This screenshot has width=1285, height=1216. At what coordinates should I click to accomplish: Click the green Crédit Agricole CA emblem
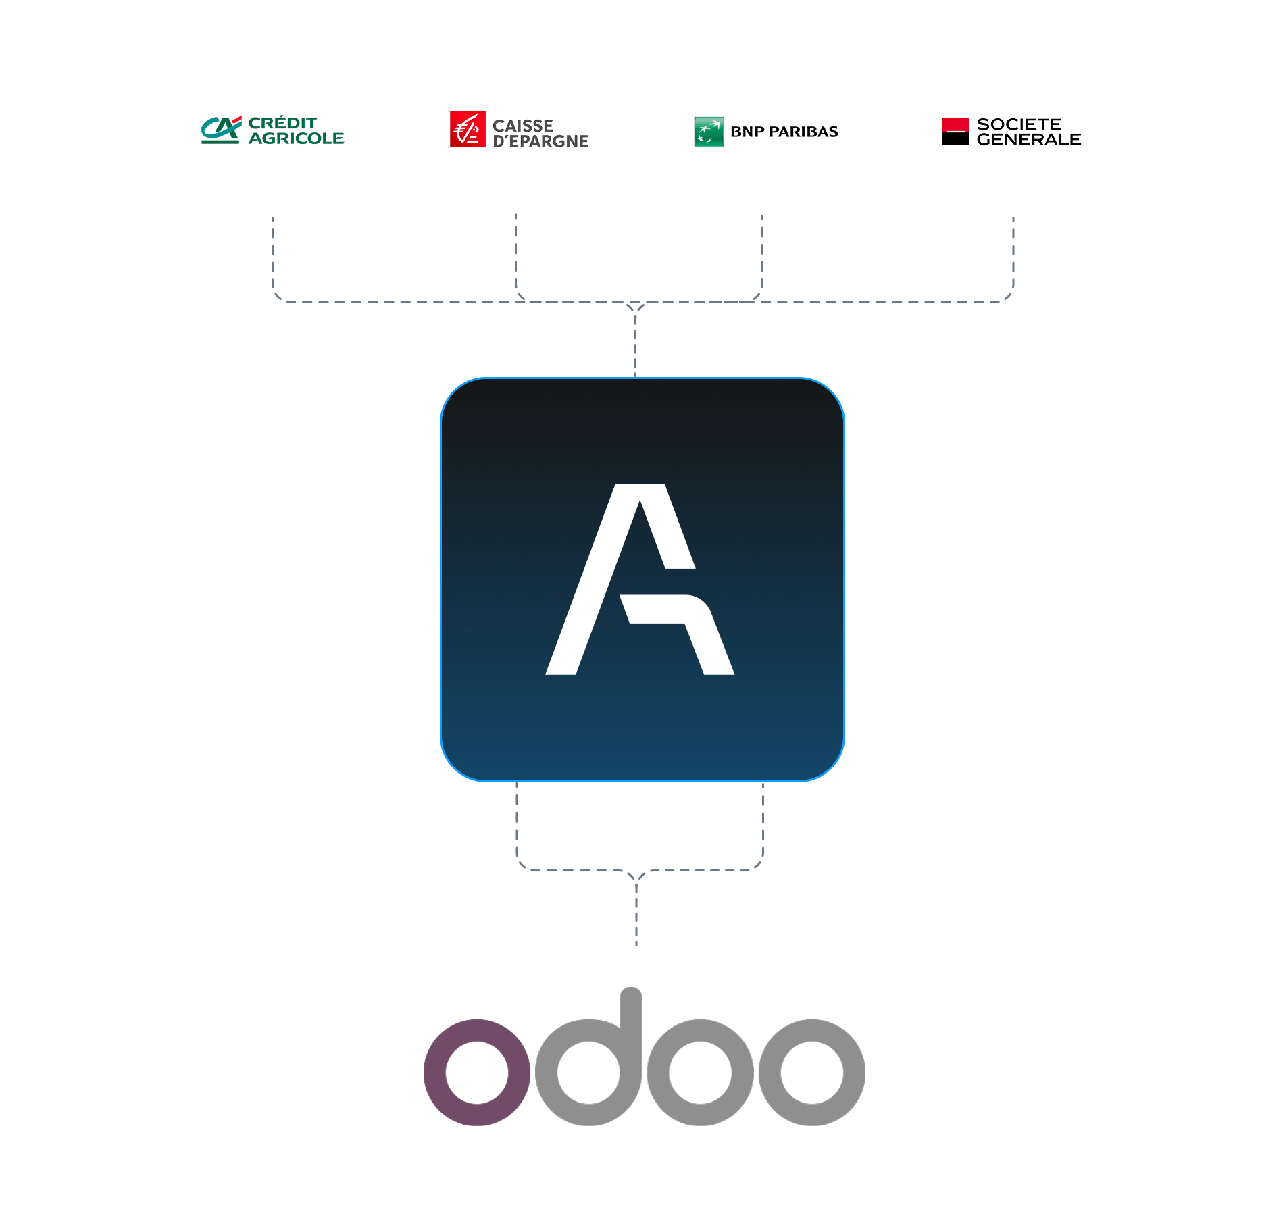coord(221,130)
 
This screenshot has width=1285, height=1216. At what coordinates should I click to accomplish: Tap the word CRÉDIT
coord(282,123)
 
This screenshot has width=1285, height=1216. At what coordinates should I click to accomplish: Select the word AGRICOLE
coord(296,138)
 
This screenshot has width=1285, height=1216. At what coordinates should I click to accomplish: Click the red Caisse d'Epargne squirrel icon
coord(468,129)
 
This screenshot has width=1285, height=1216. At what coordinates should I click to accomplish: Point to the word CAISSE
coord(522,126)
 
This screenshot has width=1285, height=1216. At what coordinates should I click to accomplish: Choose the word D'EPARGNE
coord(540,141)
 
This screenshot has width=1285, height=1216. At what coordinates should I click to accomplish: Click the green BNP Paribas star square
coord(709,132)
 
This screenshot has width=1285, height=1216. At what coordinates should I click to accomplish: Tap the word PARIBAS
coord(803,132)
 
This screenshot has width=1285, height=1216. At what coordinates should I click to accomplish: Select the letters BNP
coord(747,132)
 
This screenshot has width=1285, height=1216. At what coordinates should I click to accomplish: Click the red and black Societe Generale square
coord(955,132)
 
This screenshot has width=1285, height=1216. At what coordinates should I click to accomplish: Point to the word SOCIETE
coord(1019,124)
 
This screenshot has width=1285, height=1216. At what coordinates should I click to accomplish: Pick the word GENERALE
coord(1028,140)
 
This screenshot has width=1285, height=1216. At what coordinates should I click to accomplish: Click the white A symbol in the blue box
coord(639,580)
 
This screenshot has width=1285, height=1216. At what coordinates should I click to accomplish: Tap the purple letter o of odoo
coord(477,1072)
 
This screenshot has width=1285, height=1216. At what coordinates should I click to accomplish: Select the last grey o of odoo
coord(811,1072)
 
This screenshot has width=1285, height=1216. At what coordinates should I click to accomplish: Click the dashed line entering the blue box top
coord(635,345)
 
